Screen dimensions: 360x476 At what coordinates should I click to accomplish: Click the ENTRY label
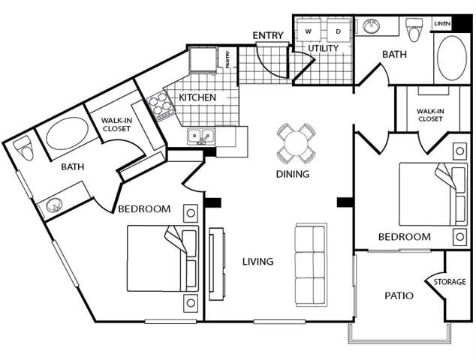point(267,35)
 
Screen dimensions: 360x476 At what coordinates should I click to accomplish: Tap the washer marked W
point(309,31)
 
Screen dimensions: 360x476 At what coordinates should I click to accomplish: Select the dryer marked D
point(338,31)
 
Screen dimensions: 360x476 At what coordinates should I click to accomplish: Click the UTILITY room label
point(323,49)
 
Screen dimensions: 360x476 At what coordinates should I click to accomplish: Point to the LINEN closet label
point(441,24)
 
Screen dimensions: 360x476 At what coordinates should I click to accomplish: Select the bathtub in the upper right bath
point(451,58)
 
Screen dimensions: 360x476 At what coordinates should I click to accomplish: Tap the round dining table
point(296,142)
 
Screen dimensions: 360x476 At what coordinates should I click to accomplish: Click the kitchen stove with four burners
point(160,106)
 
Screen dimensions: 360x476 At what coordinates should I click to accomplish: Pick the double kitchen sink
point(200,136)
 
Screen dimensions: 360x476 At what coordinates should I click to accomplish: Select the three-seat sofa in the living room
point(311,263)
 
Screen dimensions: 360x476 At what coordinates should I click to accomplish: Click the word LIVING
point(258,262)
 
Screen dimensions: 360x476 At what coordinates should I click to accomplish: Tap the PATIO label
point(399,295)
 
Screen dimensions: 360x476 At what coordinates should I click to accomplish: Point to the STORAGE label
point(450,282)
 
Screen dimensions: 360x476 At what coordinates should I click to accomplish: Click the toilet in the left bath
point(26,148)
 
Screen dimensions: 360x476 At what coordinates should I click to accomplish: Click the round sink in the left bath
point(55,205)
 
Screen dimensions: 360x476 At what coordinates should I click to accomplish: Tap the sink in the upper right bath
point(371,26)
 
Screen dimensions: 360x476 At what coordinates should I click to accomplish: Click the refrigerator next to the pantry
point(203,59)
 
